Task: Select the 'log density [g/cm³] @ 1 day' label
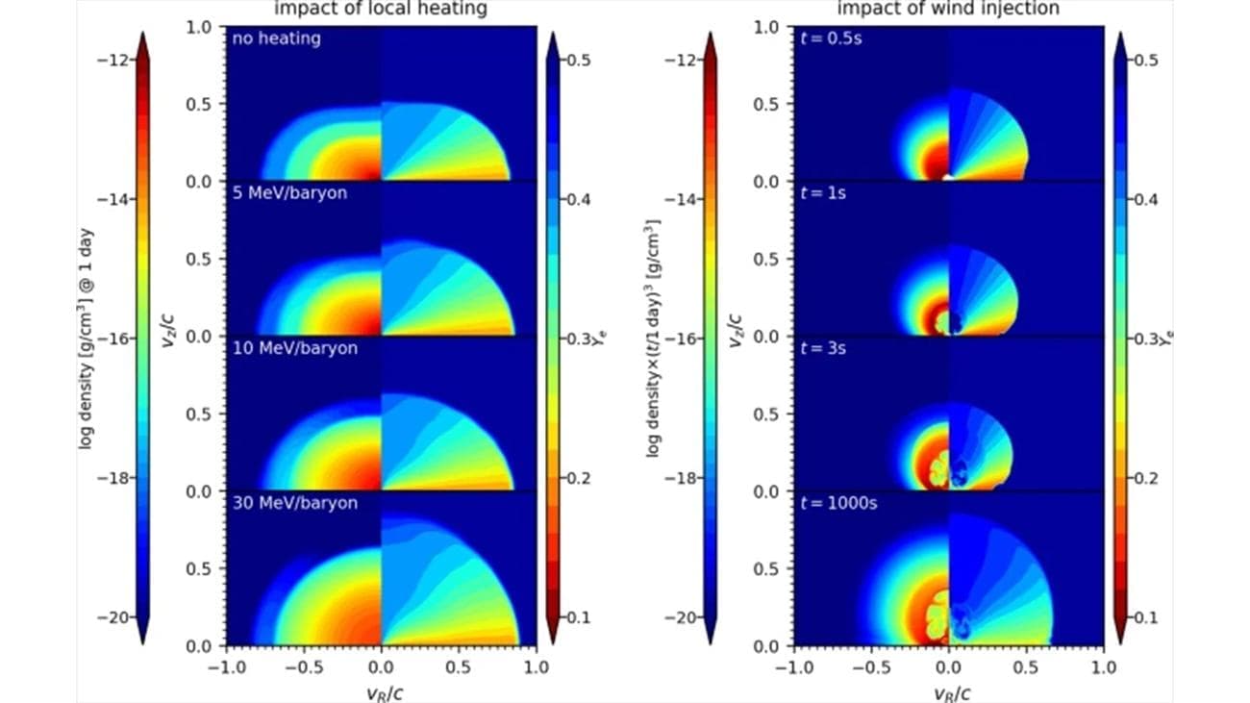(86, 337)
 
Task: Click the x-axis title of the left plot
(381, 690)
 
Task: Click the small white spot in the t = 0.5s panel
(948, 178)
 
